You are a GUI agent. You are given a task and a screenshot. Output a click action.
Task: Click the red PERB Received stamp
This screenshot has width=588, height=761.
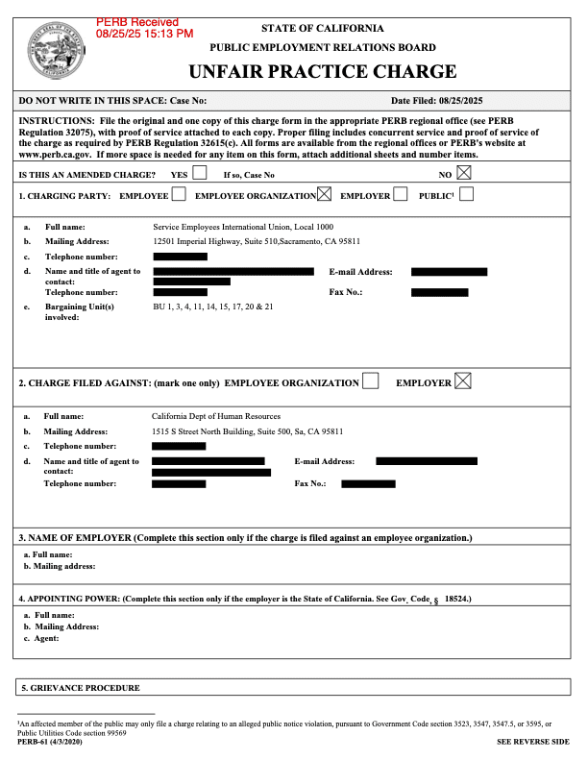(x=144, y=27)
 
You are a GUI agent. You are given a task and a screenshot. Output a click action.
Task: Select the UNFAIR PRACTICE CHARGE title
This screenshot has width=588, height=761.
(x=322, y=71)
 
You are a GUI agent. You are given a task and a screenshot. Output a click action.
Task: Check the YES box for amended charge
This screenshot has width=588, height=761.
(x=199, y=174)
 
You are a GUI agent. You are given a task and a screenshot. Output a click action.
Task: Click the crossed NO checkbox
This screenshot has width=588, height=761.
(x=465, y=174)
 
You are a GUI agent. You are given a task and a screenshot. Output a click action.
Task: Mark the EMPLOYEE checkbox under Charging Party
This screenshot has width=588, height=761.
(x=179, y=195)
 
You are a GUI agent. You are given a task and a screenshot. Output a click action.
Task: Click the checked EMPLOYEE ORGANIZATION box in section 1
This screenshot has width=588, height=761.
(x=324, y=195)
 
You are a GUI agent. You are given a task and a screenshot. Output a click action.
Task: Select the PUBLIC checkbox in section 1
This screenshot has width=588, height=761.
(x=466, y=195)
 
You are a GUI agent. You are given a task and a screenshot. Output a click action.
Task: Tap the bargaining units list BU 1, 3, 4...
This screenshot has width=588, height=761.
(x=213, y=307)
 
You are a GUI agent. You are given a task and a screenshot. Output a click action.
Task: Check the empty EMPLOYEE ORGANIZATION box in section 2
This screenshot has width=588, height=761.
(x=370, y=381)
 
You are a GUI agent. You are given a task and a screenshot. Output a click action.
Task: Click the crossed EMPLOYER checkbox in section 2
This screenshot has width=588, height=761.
(x=463, y=381)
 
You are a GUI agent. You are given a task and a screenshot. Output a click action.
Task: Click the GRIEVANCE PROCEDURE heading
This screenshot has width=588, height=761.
(x=86, y=688)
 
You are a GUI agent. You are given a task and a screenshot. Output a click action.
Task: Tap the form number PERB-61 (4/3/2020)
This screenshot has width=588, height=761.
(x=48, y=743)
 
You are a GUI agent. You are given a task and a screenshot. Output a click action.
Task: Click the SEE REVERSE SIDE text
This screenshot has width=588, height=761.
(x=532, y=743)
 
